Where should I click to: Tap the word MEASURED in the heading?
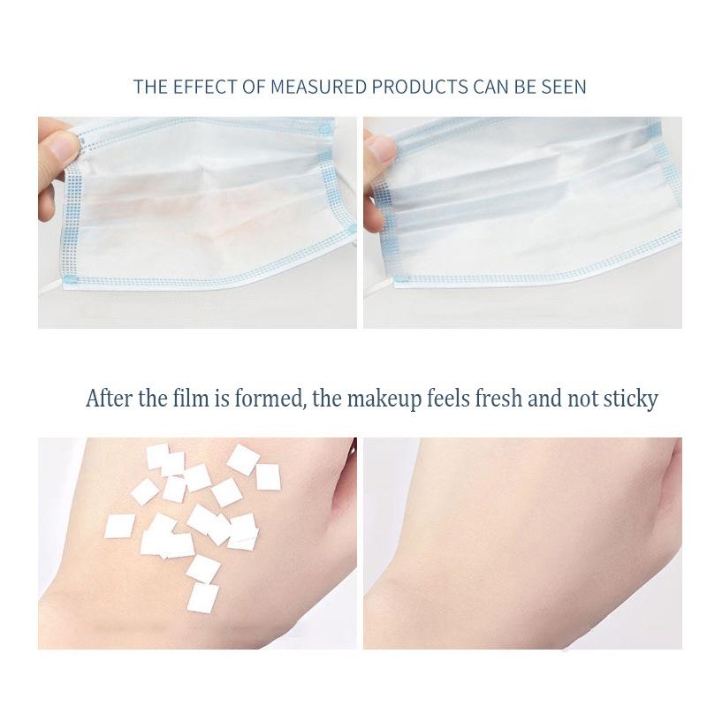(x=318, y=87)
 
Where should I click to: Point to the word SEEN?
(x=564, y=87)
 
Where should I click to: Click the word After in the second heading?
(x=109, y=399)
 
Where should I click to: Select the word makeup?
(x=384, y=399)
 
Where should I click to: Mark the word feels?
(x=448, y=399)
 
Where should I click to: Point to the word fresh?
(x=498, y=399)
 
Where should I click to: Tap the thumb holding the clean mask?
(x=381, y=148)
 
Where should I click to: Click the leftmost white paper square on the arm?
(x=119, y=526)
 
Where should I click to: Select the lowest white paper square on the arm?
(x=203, y=598)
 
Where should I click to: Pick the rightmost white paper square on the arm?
(x=269, y=477)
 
